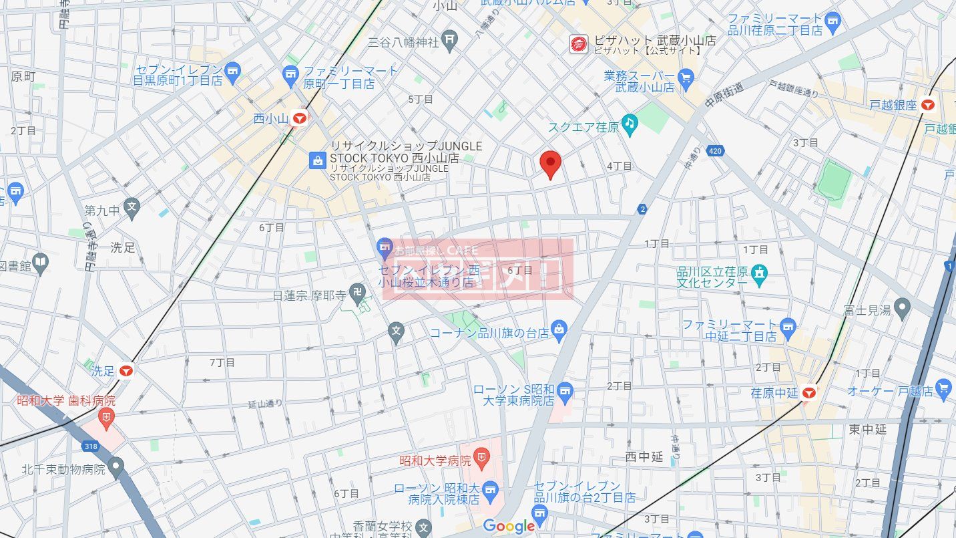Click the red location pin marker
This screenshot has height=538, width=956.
point(549,164)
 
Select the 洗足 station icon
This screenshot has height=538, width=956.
point(127,370)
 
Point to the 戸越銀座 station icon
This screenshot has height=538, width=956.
point(927,104)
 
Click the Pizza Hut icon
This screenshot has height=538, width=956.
point(578,44)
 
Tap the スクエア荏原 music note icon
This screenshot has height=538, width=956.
point(629,123)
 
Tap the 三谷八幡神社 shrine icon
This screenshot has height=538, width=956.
point(451,41)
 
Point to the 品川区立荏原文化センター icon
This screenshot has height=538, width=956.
point(759,273)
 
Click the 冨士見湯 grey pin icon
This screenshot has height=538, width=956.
point(902,308)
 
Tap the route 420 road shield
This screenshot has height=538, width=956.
point(716,151)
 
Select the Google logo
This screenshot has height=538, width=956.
point(509,526)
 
